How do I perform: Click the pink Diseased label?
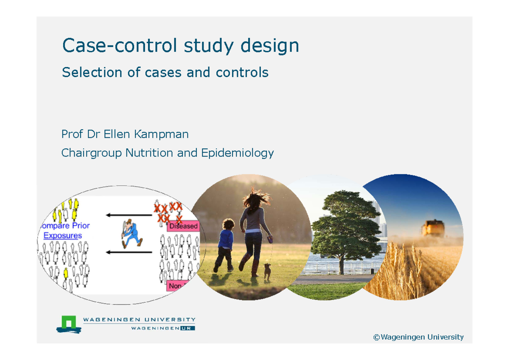pos(183,226)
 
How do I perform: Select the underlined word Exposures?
pos(63,235)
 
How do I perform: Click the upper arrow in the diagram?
pos(129,215)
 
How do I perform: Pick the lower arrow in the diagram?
pos(129,252)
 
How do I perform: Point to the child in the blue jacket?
pos(225,244)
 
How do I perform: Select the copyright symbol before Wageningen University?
pos(376,338)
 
